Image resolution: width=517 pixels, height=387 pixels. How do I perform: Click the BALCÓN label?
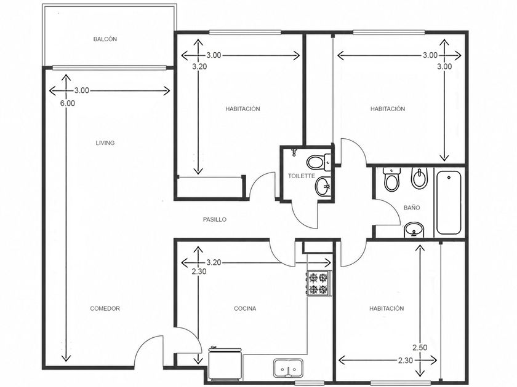click(105, 39)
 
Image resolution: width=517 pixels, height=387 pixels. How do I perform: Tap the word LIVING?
click(105, 143)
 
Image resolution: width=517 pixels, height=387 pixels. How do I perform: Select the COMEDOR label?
click(105, 308)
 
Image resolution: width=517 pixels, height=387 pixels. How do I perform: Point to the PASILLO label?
click(215, 219)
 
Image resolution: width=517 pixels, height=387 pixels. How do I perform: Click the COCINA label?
click(245, 308)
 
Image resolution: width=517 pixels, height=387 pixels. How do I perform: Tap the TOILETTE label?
click(302, 176)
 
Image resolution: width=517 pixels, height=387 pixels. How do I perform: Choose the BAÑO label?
click(412, 208)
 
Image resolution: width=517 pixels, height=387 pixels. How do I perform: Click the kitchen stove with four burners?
click(318, 283)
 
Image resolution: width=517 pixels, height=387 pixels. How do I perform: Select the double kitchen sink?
click(288, 368)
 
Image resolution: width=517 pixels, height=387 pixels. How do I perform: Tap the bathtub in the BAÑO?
click(449, 202)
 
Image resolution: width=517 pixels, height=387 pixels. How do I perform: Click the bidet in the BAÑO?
click(419, 178)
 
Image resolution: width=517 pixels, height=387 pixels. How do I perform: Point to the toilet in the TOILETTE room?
click(319, 162)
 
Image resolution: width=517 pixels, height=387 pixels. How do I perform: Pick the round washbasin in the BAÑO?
click(414, 229)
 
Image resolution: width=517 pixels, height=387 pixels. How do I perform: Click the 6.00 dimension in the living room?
click(67, 103)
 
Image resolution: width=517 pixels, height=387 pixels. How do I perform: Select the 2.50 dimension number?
click(420, 348)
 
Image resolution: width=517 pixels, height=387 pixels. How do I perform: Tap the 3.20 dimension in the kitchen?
click(214, 263)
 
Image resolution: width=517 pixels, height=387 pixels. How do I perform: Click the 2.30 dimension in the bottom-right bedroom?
click(405, 361)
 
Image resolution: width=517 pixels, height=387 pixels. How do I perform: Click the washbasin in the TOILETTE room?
click(323, 187)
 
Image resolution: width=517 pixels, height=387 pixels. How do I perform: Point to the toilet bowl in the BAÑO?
click(391, 179)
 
